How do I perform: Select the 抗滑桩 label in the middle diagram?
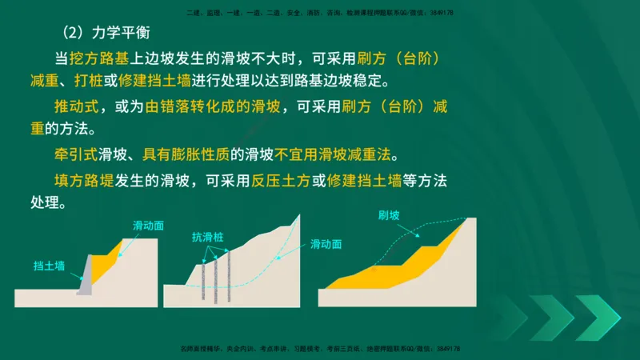coord(207,237)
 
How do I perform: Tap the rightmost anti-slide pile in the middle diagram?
coord(229,276)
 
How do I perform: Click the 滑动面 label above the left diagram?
coord(148,226)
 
